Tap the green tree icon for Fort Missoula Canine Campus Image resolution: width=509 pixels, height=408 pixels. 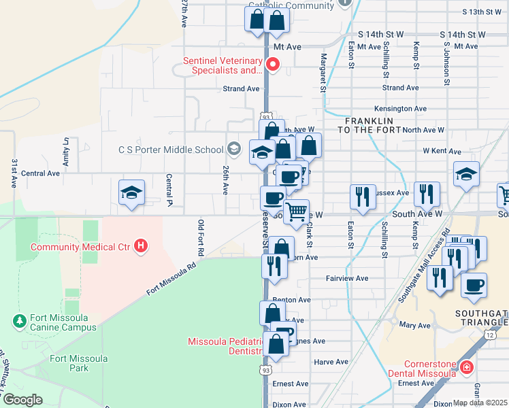(19, 320)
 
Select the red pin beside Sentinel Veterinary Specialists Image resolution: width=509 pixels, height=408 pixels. (274, 65)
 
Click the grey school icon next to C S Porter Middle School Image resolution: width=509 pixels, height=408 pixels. (233, 150)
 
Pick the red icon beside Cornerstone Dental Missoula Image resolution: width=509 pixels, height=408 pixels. (467, 368)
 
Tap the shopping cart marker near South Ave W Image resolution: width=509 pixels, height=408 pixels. (296, 212)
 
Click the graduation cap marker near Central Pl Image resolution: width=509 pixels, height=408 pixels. (131, 192)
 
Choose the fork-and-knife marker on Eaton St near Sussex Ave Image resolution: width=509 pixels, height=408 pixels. (362, 197)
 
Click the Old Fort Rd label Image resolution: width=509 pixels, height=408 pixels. (201, 237)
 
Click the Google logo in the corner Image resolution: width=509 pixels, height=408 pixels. (22, 400)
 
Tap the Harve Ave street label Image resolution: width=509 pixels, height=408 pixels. (331, 362)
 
